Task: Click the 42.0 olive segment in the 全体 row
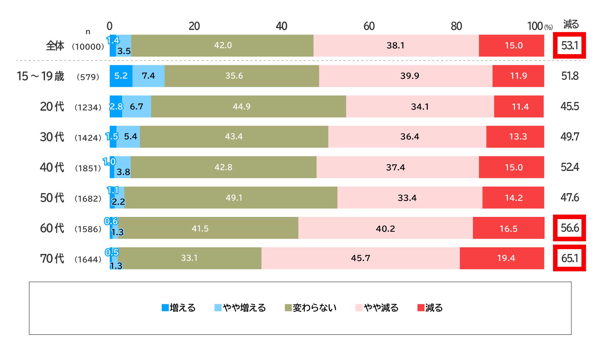tap(222, 46)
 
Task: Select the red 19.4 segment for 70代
tap(502, 258)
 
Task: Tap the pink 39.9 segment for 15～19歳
tap(406, 76)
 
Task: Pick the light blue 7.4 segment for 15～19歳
tap(148, 76)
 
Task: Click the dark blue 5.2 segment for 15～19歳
tap(121, 76)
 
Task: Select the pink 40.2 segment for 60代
tap(385, 228)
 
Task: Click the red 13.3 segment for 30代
tap(515, 137)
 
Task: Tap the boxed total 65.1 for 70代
tap(569, 258)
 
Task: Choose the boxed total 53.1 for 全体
tap(569, 46)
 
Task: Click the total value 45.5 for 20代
tap(569, 106)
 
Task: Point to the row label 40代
tap(52, 167)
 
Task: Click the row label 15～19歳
tap(40, 76)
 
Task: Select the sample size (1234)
tap(88, 108)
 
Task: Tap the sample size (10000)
tap(88, 47)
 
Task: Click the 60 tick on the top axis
tap(369, 26)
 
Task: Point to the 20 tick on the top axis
tap(194, 26)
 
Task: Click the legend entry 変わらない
tap(311, 308)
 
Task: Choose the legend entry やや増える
tap(240, 308)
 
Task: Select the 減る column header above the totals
tap(571, 24)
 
